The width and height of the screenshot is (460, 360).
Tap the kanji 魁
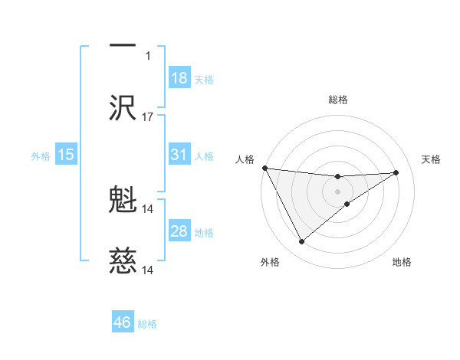tap(123, 200)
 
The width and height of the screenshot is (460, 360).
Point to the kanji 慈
tap(123, 262)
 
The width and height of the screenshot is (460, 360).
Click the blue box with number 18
tap(179, 78)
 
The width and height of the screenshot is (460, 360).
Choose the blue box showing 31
tap(179, 155)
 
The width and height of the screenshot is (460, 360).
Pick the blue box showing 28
tap(179, 231)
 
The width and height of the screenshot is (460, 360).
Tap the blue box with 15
tap(66, 155)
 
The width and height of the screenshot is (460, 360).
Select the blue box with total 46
tap(123, 322)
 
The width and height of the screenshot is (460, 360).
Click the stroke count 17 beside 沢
tap(148, 117)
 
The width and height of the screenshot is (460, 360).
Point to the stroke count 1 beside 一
tap(149, 55)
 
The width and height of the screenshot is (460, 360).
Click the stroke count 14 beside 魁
tap(148, 208)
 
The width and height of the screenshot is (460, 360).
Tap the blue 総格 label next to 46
tap(147, 324)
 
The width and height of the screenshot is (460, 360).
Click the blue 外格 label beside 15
tap(41, 155)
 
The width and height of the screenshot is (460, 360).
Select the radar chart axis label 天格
tap(432, 159)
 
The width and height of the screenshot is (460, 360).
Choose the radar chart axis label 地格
tap(402, 262)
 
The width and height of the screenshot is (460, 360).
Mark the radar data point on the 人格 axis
tap(264, 168)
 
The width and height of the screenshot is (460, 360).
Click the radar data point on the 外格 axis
tap(301, 242)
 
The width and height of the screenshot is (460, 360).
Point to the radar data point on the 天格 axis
tap(396, 172)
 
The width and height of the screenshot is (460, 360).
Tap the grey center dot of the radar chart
tap(337, 191)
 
